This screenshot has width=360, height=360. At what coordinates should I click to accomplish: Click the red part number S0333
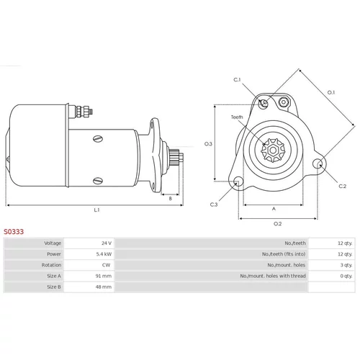[x=14, y=232]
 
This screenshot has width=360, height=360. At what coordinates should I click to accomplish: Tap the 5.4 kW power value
[x=104, y=254]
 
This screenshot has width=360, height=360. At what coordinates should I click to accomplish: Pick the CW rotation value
[x=106, y=265]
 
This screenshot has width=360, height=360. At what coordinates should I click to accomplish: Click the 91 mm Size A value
[x=104, y=276]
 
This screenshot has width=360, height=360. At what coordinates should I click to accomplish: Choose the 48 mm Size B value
[x=104, y=287]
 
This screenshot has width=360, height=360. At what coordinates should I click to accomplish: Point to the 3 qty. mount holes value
[x=346, y=265]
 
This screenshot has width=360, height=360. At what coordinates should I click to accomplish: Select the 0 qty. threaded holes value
[x=346, y=276]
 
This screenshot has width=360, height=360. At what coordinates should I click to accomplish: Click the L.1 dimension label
[x=96, y=210]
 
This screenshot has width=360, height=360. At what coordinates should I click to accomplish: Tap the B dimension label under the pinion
[x=171, y=199]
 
